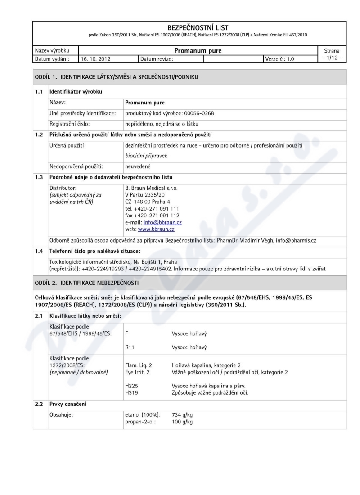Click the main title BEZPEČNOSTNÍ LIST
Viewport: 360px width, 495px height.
197,28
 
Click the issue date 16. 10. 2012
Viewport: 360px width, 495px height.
95,58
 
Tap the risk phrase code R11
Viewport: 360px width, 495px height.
129,347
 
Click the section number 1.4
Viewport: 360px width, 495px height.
40,251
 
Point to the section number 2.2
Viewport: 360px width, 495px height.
40,405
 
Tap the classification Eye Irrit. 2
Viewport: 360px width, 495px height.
138,372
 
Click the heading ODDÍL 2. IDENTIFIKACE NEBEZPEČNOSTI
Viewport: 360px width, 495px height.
94,283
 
